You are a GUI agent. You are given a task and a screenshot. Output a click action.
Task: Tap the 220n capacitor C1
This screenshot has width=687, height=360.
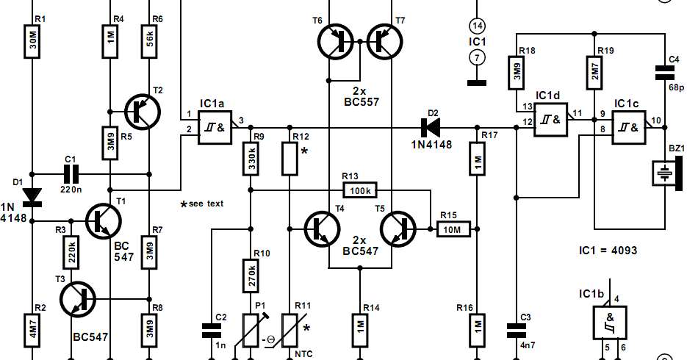[x=71, y=174]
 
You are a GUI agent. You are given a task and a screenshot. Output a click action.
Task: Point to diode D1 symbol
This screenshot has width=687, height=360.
[x=33, y=195]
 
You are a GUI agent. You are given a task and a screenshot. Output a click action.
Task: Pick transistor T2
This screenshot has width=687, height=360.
[x=140, y=110]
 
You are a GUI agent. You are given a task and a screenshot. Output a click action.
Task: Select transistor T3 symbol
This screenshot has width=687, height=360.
[x=79, y=298]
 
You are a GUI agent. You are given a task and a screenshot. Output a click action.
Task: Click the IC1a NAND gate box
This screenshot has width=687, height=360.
[x=215, y=126]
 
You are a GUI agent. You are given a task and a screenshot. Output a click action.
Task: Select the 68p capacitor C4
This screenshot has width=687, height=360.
[x=665, y=71]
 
